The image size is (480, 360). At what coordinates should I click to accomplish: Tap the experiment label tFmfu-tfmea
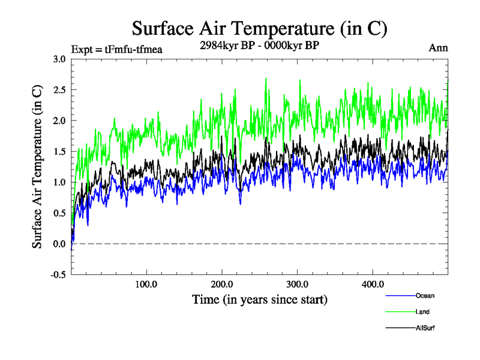pyautogui.click(x=116, y=49)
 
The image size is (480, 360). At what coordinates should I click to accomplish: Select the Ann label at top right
pyautogui.click(x=438, y=48)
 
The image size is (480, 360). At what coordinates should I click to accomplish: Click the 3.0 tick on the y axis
pyautogui.click(x=59, y=59)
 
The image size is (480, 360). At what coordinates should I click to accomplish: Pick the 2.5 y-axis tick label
pyautogui.click(x=59, y=89)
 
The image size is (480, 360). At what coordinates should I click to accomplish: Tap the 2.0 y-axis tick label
pyautogui.click(x=59, y=121)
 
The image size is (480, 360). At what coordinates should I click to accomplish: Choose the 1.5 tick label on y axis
pyautogui.click(x=59, y=151)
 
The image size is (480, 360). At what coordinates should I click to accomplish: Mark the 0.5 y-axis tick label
pyautogui.click(x=59, y=213)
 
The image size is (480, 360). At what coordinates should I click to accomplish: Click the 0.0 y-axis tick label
pyautogui.click(x=59, y=244)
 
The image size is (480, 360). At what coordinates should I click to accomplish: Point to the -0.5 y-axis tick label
pyautogui.click(x=58, y=275)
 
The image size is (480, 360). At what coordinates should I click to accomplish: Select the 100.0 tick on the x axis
pyautogui.click(x=146, y=284)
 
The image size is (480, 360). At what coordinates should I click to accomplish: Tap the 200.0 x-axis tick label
pyautogui.click(x=222, y=284)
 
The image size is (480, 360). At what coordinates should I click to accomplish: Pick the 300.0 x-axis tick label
pyautogui.click(x=298, y=284)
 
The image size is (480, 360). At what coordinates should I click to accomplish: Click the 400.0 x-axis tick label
pyautogui.click(x=373, y=284)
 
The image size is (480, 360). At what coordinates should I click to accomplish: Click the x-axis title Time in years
pyautogui.click(x=260, y=298)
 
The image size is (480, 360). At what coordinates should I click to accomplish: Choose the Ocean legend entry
pyautogui.click(x=424, y=295)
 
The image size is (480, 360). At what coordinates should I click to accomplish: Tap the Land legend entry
pyautogui.click(x=422, y=311)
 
